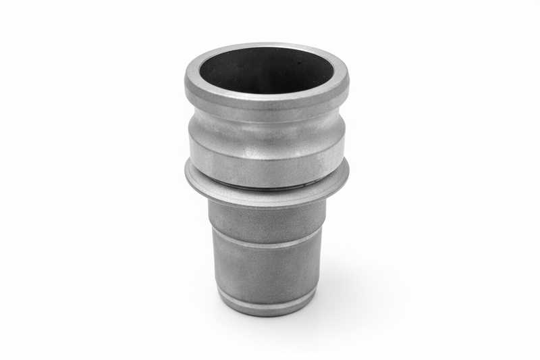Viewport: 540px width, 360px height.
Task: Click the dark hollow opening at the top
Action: (266, 71)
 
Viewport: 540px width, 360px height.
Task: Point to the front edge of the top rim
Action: (266, 99)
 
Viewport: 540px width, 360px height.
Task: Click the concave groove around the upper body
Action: (266, 128)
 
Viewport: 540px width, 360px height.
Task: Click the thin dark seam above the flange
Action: (266, 187)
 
